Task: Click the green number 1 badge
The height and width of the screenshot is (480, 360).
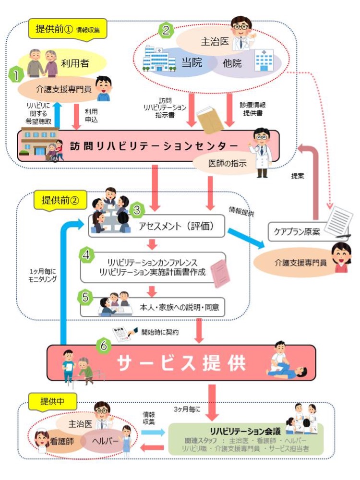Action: (x=18, y=76)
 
